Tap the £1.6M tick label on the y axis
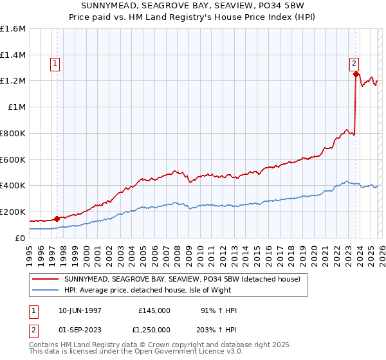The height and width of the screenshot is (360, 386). point(13,29)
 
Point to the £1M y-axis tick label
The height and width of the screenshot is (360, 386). point(15,107)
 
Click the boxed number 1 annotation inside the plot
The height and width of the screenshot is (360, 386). point(55,64)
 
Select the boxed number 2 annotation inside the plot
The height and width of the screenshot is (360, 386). point(354,63)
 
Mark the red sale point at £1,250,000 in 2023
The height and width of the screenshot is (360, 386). point(356,75)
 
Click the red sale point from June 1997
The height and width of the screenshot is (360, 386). point(57,219)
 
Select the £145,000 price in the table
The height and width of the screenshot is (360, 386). point(154,310)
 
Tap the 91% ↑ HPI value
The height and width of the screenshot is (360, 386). point(219,310)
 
